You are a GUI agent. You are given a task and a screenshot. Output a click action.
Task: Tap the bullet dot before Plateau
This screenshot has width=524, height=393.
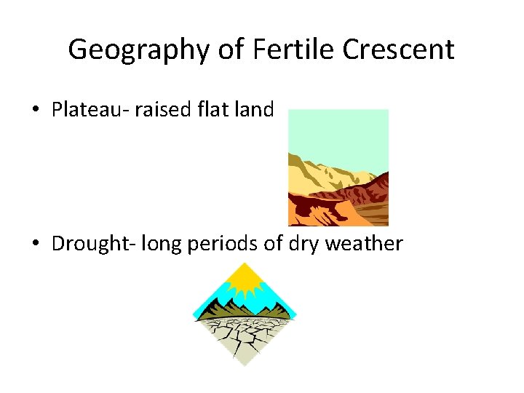pos(36,111)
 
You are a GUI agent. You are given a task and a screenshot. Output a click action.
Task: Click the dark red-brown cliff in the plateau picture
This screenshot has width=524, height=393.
pos(364,193)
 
